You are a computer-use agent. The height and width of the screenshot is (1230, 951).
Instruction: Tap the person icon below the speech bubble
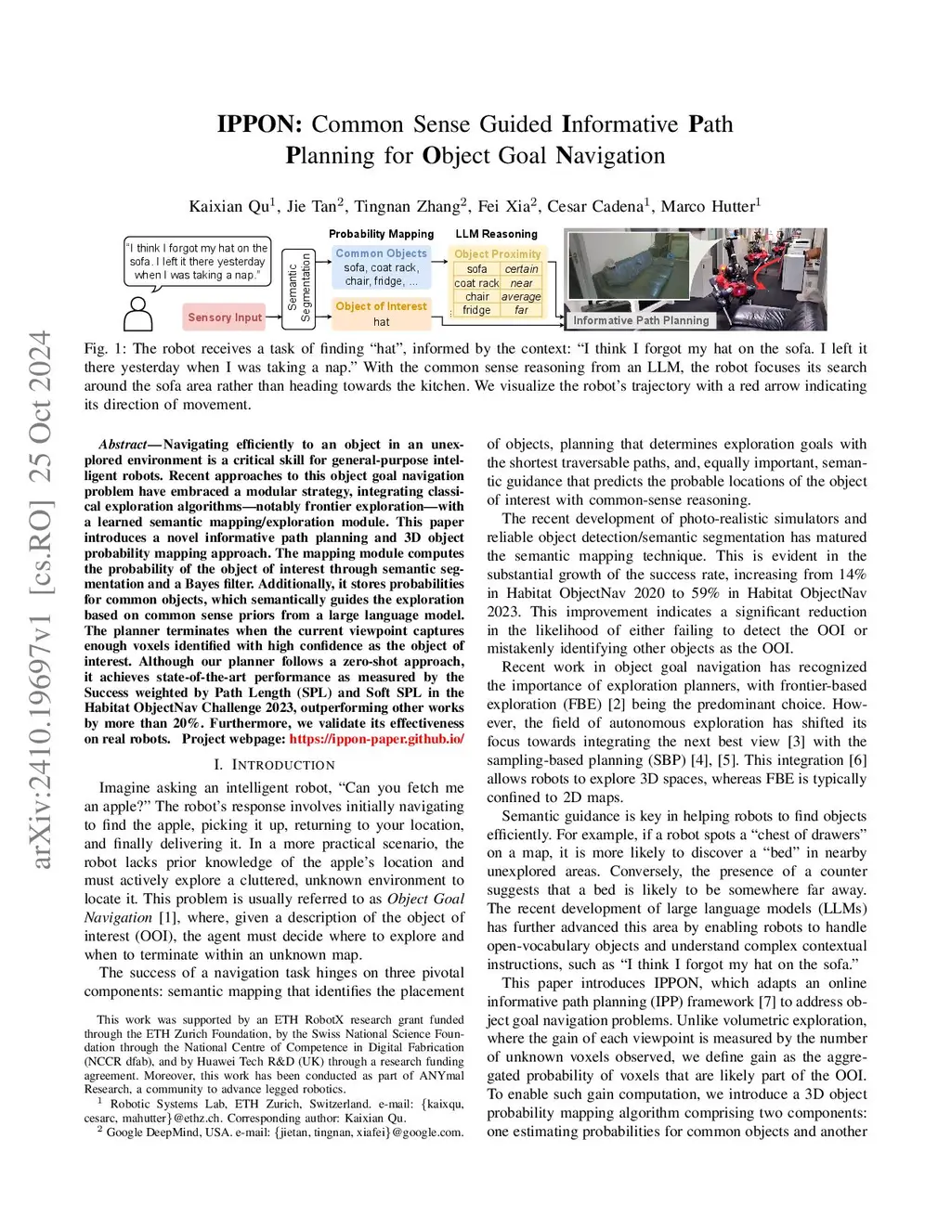click(138, 314)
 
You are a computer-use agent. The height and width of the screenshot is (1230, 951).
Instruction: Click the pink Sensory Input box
click(224, 317)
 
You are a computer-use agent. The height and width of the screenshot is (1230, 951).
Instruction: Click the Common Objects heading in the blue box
click(381, 253)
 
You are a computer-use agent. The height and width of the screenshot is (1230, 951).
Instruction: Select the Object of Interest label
click(381, 306)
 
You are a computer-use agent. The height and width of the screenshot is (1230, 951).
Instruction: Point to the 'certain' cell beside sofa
click(521, 269)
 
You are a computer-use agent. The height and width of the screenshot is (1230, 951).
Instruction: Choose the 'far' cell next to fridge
click(521, 310)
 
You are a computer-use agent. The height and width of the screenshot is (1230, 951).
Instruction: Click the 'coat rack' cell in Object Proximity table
click(476, 283)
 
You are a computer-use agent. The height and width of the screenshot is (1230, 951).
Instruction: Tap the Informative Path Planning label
click(641, 320)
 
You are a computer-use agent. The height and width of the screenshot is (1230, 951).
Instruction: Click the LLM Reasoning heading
click(496, 234)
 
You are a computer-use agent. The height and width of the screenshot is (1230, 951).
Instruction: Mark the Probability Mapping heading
click(381, 234)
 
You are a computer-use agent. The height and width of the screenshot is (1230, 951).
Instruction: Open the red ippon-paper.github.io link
click(376, 739)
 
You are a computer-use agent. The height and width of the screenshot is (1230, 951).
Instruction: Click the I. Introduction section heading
click(274, 765)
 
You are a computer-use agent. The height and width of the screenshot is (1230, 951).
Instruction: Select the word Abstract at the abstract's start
click(123, 445)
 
